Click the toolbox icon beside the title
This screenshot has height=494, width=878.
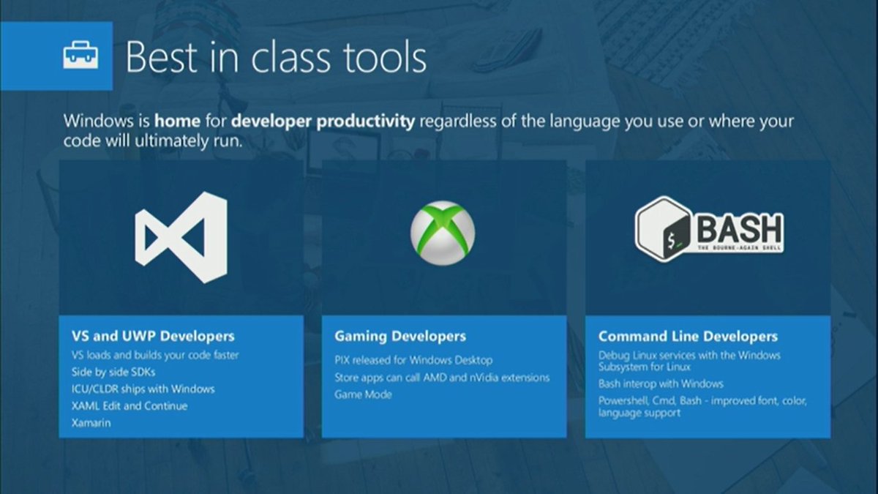coord(80,55)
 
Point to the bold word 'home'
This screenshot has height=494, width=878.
coord(177,121)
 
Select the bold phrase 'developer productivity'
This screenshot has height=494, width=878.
coord(323,122)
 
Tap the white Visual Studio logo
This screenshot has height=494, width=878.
coord(181,237)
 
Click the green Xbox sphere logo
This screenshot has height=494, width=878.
coord(443,233)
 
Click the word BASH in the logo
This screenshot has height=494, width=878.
coord(740,230)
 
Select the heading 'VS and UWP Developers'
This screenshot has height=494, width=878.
coord(153,336)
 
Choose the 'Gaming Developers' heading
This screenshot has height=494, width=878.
coord(400,337)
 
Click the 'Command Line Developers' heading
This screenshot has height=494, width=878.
coord(688,337)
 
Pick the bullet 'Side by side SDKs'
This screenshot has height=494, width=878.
coord(113,372)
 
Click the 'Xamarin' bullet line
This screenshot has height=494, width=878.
coord(91,423)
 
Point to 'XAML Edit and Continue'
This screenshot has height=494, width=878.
coord(130,405)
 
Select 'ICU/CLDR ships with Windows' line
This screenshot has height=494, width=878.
coord(143,389)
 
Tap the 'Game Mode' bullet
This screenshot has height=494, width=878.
coord(363,394)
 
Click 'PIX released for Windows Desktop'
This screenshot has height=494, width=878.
coord(413,360)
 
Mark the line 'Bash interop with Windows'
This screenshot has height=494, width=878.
coord(661,383)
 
